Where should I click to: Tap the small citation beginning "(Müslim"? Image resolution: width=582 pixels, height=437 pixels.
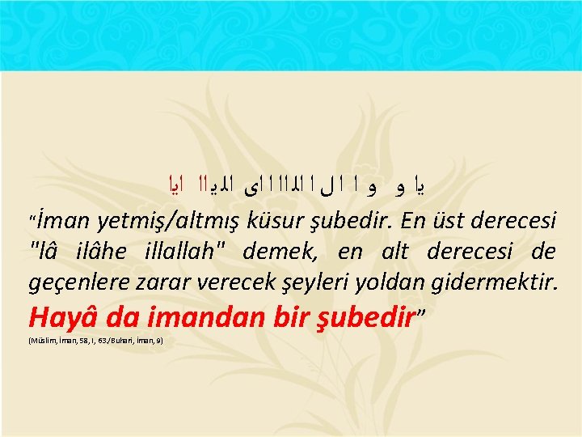point(95,342)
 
